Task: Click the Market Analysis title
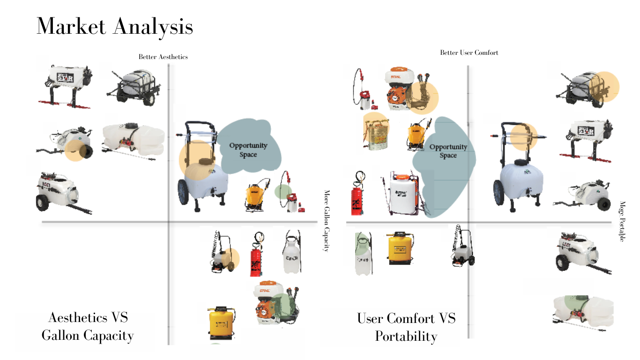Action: click(115, 27)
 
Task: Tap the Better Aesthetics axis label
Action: click(163, 57)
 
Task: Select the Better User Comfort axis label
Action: click(469, 52)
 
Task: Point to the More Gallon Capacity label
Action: click(327, 220)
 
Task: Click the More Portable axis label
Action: click(622, 221)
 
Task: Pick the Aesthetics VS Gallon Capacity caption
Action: click(88, 326)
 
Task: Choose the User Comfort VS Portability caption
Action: click(406, 327)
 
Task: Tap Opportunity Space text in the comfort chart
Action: click(448, 151)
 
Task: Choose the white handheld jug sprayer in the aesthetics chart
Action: click(291, 254)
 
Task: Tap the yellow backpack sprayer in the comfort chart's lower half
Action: click(400, 248)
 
